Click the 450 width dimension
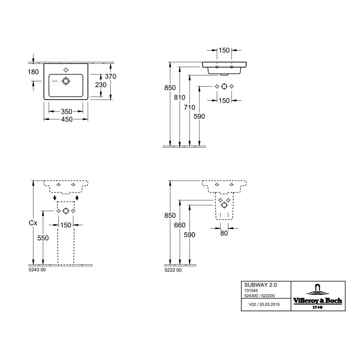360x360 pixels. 66,119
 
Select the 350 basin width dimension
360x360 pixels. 66,112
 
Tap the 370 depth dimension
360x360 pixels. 110,76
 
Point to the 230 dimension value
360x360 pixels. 101,85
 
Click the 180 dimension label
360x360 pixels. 33,72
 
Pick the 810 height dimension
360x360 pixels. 180,97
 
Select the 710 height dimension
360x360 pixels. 189,107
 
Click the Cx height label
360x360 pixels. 33,223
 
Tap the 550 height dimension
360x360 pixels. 43,238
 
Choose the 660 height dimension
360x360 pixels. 180,225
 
